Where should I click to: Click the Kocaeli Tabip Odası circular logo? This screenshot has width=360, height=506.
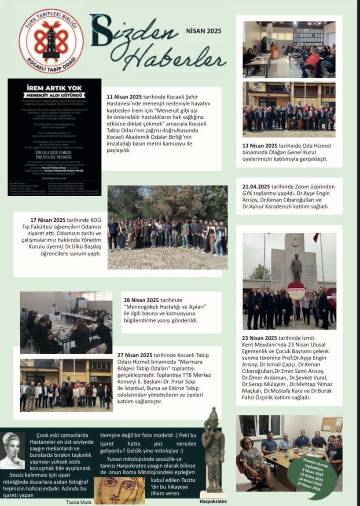click(x=51, y=40)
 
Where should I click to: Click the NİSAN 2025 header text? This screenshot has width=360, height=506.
click(x=203, y=31)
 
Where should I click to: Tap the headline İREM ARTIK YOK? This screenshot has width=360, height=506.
click(x=54, y=88)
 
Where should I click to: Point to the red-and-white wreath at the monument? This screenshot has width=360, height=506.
click(x=296, y=291)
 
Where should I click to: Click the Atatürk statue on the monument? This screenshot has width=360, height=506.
click(x=297, y=268)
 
